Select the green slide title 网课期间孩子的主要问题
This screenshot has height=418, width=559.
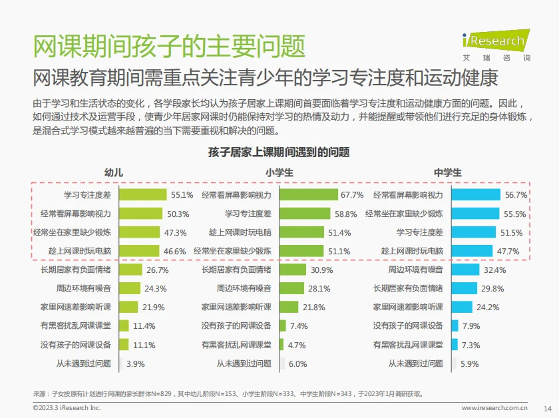(x=169, y=46)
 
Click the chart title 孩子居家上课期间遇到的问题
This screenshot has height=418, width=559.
(x=279, y=152)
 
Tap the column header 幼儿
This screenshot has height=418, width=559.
(x=114, y=172)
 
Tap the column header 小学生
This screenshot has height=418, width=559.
(x=279, y=172)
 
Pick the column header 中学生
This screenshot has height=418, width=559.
(x=447, y=172)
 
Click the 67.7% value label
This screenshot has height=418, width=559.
(x=352, y=195)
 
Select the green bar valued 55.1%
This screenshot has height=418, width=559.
(x=142, y=195)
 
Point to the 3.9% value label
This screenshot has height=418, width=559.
(x=135, y=363)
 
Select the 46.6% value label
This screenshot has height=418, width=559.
(x=174, y=251)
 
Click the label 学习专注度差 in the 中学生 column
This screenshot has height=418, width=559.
(x=419, y=232)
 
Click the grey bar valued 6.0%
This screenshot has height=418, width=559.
(x=282, y=363)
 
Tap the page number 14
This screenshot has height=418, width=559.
(x=548, y=408)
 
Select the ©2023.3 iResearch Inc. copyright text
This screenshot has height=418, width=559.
(x=67, y=407)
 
